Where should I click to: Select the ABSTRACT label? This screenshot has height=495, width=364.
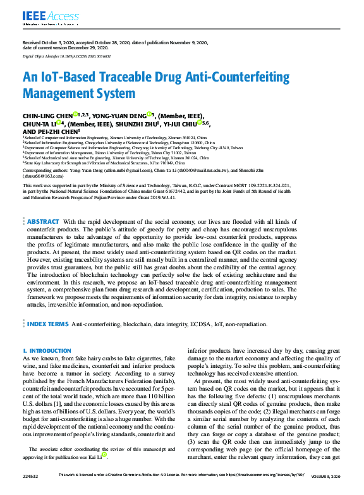click(43, 222)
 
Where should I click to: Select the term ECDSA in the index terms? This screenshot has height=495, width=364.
click(203, 324)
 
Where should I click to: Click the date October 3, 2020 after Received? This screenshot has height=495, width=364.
click(56, 42)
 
